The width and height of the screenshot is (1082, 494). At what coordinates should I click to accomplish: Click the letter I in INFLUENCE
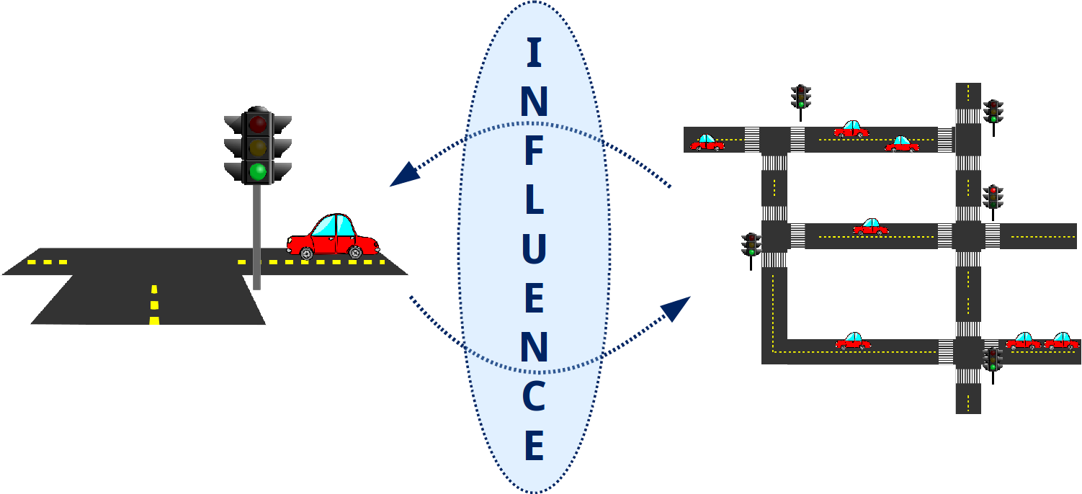click(534, 54)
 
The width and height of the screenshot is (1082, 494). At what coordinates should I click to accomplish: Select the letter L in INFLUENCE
click(534, 197)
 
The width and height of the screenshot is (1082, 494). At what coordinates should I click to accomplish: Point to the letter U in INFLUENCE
click(534, 246)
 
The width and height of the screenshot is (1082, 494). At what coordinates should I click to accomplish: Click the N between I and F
click(534, 102)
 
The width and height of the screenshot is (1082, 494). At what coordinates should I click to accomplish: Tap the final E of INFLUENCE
click(534, 445)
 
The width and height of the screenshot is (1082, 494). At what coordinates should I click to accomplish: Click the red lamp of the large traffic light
click(257, 124)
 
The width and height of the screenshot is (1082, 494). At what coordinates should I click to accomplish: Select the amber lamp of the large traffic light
click(257, 148)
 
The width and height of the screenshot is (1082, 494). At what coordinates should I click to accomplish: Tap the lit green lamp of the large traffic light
click(257, 171)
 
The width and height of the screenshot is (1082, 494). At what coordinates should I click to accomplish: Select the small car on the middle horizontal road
click(870, 227)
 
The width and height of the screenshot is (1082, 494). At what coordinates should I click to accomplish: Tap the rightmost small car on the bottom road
click(1061, 341)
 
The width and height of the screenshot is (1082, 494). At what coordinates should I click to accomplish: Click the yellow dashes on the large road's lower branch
click(154, 305)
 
